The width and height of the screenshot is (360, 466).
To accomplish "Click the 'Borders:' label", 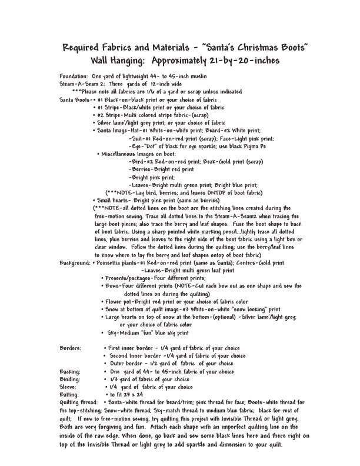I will click(71, 348).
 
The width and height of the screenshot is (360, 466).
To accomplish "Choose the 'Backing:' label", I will click(71, 372).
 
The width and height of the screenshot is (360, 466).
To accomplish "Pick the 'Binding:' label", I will click(71, 379).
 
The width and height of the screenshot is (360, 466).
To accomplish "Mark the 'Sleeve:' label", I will click(69, 387).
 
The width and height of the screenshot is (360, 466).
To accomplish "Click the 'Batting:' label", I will click(70, 395).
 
